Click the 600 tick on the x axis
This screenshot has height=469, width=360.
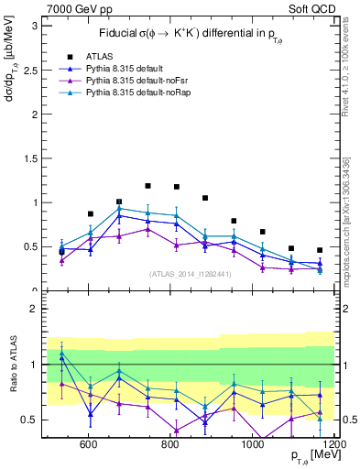(89, 444)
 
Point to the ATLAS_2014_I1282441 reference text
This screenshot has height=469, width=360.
(190, 273)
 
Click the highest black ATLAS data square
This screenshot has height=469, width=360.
(147, 186)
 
